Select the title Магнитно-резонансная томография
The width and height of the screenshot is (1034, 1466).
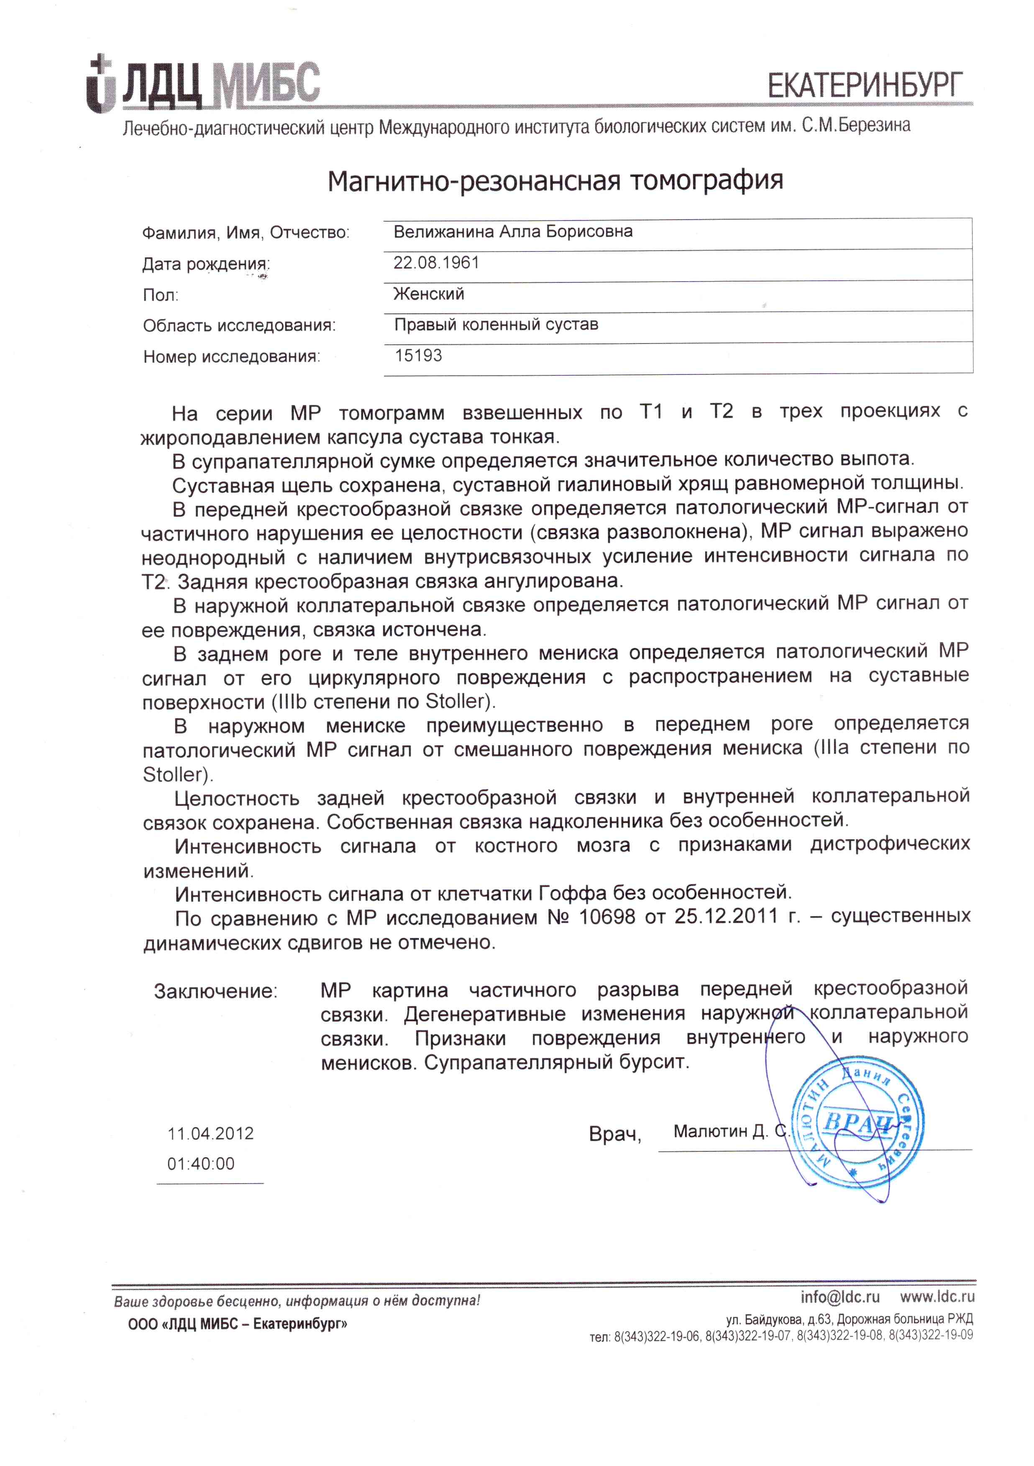pos(555,181)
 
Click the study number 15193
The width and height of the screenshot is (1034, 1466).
pos(418,356)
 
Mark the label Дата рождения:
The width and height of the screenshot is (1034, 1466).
pos(205,264)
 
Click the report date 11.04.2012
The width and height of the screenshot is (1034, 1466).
pos(211,1133)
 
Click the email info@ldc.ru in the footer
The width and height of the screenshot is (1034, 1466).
pos(840,1297)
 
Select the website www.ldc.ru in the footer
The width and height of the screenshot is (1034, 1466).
pos(937,1297)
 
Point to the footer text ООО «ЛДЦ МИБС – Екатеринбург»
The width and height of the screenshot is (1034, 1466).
pos(238,1324)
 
